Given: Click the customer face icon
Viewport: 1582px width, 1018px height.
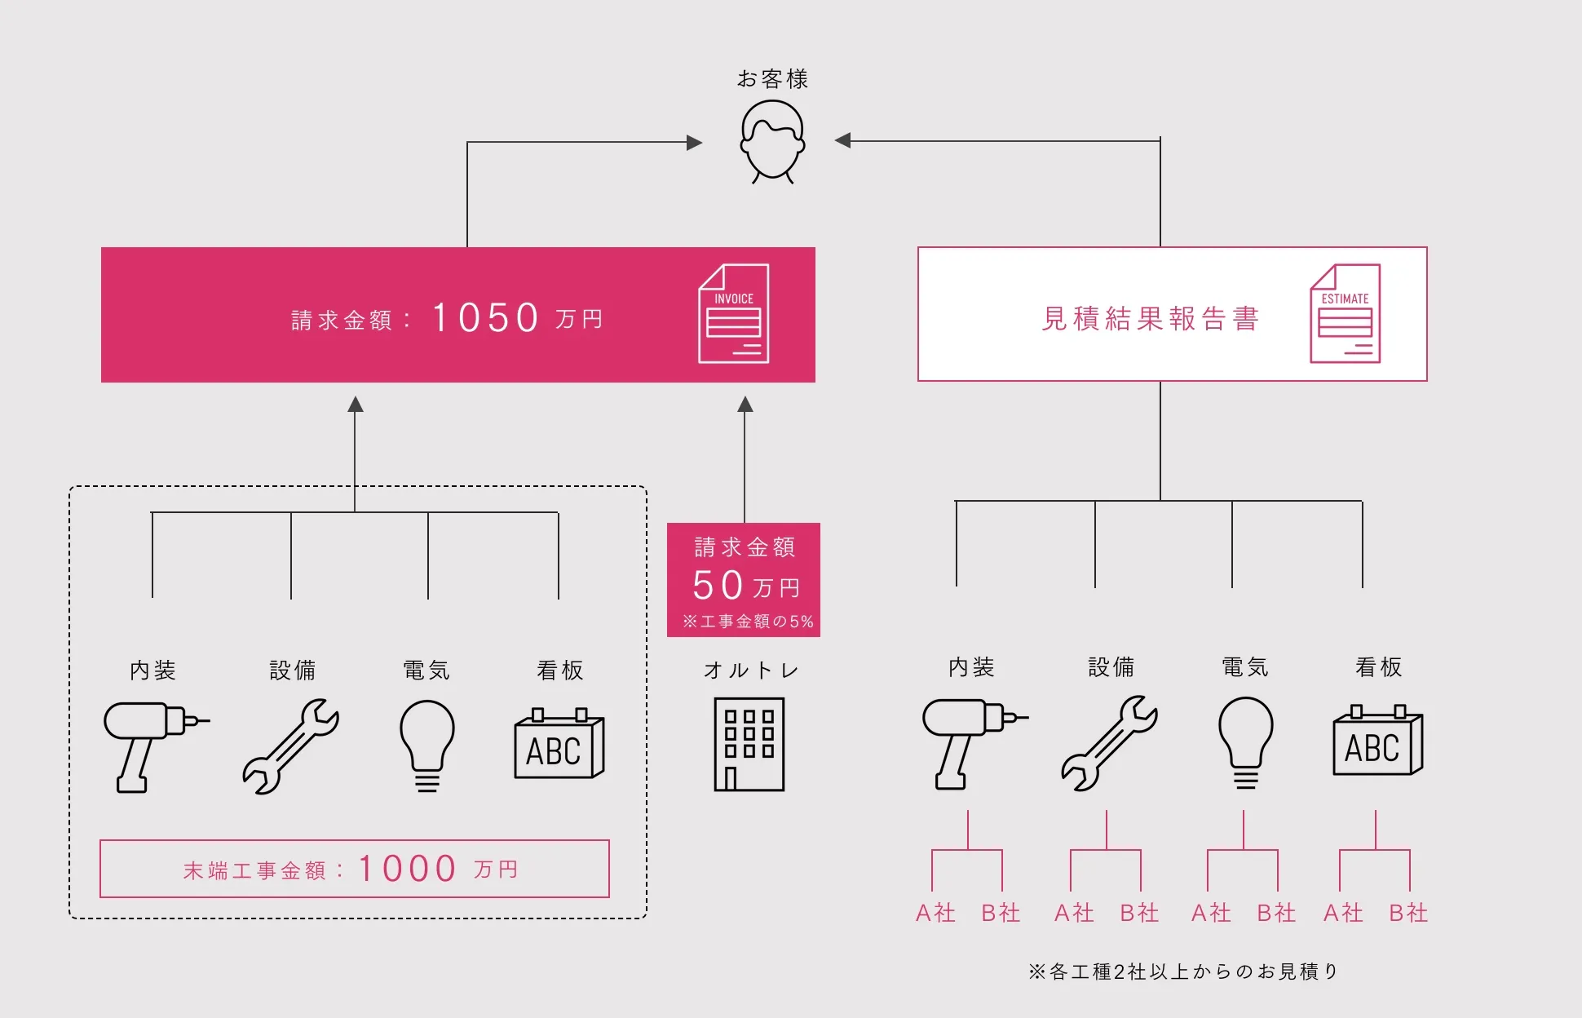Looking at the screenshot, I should (772, 141).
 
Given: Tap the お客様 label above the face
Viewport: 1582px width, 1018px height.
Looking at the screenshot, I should (772, 79).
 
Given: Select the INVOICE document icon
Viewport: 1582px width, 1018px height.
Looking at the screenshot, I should (733, 314).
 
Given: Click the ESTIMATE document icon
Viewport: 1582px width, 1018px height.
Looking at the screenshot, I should (1345, 314).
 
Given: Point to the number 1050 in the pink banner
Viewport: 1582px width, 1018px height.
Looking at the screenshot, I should (486, 318).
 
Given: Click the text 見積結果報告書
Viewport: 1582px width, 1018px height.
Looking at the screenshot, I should (1151, 318).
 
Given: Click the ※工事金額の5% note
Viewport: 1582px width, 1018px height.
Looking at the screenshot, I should (748, 622).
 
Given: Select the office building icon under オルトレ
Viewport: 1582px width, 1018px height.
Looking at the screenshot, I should (749, 744).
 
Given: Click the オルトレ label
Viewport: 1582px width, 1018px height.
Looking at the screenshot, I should (751, 671).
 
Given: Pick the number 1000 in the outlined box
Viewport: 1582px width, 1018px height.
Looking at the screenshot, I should (408, 869).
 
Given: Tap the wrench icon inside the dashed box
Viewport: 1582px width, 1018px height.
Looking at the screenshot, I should (291, 746).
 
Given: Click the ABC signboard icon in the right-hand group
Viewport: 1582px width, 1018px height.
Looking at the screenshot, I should (1377, 741).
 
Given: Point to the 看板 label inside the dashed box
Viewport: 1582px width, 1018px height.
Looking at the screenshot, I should (560, 671).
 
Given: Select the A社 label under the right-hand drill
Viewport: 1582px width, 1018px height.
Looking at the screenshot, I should (935, 913).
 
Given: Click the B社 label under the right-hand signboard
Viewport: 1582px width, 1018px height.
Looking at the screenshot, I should (1408, 913).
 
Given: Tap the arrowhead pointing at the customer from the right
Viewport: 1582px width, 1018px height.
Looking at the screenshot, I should (843, 140).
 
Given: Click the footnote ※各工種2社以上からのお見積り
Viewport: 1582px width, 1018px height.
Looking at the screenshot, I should (1183, 972).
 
